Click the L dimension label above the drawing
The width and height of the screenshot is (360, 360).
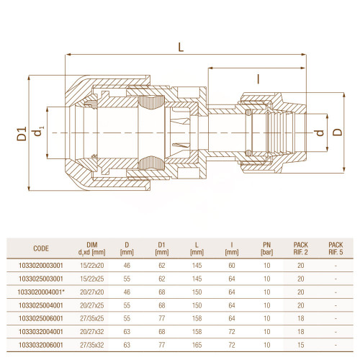pos(181,47)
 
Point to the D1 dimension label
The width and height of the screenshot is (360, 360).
pos(22,133)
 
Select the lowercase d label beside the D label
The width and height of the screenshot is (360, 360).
pos(319,132)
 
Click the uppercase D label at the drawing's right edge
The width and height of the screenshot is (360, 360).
pos(338,132)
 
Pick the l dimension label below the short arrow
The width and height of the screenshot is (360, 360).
pos(258,79)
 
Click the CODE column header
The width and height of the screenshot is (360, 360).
pos(41,248)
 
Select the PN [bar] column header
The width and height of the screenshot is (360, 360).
pos(266,248)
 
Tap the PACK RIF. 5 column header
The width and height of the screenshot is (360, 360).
pos(336,248)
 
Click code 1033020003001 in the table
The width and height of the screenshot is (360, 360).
pos(41,266)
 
